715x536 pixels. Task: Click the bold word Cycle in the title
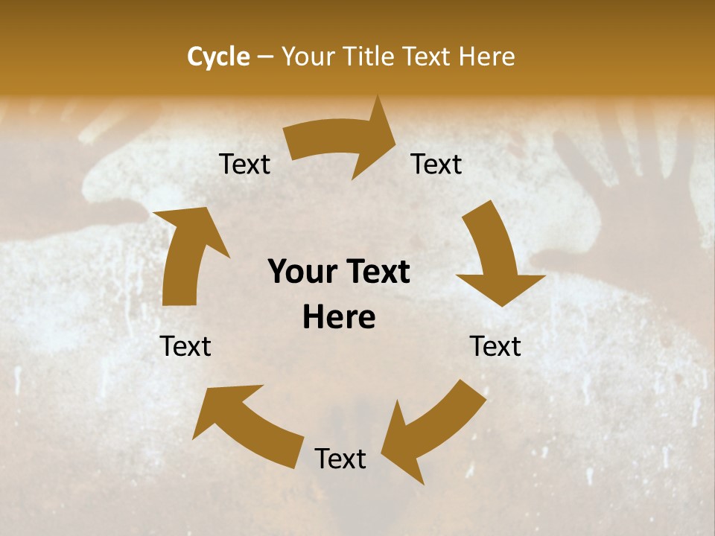pos(218,57)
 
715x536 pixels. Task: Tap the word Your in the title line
pos(307,57)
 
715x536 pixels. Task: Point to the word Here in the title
pos(487,57)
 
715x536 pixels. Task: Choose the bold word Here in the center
pos(339,318)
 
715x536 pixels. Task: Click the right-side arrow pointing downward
pos(495,257)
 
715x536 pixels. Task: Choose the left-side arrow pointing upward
pos(186,253)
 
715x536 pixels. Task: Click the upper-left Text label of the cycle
pos(245,164)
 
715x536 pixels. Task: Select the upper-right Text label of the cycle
pos(437,164)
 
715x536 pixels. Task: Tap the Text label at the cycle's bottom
pos(340,459)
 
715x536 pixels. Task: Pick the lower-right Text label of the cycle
pos(495,346)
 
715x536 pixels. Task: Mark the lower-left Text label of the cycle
pos(185,346)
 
